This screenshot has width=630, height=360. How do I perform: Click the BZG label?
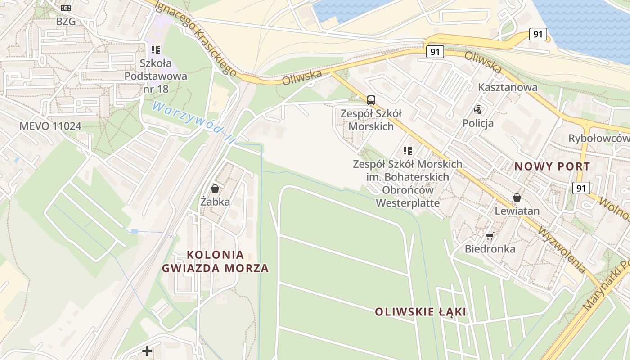[x=66, y=21]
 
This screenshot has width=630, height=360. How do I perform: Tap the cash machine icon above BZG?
[x=66, y=8]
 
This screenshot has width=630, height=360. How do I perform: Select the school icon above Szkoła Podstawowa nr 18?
[x=156, y=50]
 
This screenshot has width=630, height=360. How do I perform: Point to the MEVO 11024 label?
[x=50, y=126]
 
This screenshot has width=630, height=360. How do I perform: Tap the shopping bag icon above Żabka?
[x=215, y=189]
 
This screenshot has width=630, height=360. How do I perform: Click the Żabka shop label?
[x=215, y=202]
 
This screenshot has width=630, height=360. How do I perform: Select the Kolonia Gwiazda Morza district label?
[x=215, y=261]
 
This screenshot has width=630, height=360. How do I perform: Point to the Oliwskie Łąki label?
[x=420, y=312]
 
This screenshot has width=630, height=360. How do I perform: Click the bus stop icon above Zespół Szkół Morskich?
[x=371, y=100]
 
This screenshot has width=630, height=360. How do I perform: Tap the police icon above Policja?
[x=478, y=109]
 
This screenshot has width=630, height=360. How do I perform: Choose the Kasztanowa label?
[x=508, y=87]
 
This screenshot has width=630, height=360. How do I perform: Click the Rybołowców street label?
[x=598, y=138]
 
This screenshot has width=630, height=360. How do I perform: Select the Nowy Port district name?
[x=552, y=166]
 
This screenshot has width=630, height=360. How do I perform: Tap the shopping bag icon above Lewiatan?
[x=517, y=198]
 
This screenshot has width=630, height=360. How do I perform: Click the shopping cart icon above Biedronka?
[x=490, y=236]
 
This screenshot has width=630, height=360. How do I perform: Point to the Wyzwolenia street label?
[x=562, y=249]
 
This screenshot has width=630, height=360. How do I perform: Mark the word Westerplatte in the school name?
[x=407, y=203]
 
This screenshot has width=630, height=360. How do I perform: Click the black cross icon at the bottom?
[x=147, y=351]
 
